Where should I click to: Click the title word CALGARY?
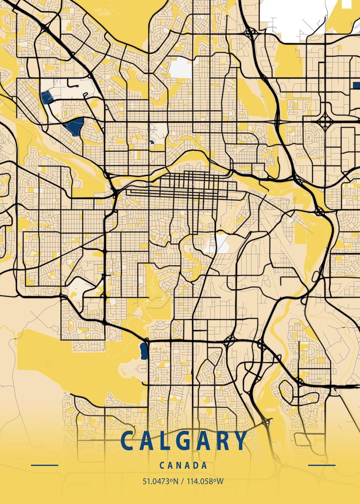(184, 441)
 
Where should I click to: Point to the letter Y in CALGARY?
(240, 441)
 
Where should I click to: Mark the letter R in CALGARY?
(222, 441)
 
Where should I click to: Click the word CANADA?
(184, 465)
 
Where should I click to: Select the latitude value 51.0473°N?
(159, 481)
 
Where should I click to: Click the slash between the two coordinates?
(181, 481)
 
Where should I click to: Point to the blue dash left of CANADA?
(45, 465)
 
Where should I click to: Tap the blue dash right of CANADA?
(322, 465)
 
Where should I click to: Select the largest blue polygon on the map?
(75, 126)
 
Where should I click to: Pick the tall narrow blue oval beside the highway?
(144, 351)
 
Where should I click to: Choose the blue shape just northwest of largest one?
(47, 97)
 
